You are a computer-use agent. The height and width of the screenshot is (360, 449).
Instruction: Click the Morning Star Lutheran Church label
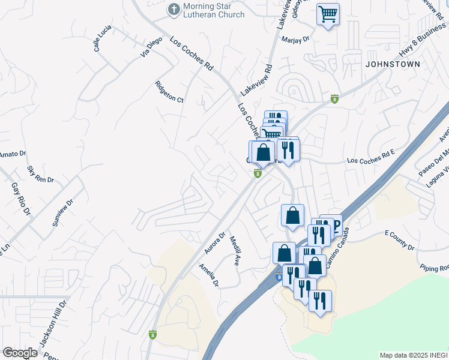tap(214, 10)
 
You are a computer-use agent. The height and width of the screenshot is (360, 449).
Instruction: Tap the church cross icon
tap(173, 10)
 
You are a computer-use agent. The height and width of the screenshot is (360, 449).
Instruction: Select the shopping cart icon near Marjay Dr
tap(328, 14)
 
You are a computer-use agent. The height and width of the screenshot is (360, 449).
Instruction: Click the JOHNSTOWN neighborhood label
tap(392, 63)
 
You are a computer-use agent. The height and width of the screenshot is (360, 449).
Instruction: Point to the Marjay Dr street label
tap(295, 38)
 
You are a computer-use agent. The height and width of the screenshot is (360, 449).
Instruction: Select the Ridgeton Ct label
tap(169, 92)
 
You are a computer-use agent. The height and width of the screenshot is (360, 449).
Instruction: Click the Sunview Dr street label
tap(61, 211)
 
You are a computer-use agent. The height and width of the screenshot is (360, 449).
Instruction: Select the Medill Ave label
tap(235, 250)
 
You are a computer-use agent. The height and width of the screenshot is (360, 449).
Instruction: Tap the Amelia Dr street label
tap(209, 274)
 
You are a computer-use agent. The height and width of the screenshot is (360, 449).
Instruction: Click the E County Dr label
tap(399, 239)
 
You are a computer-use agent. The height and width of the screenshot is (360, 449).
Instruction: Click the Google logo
tap(20, 353)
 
